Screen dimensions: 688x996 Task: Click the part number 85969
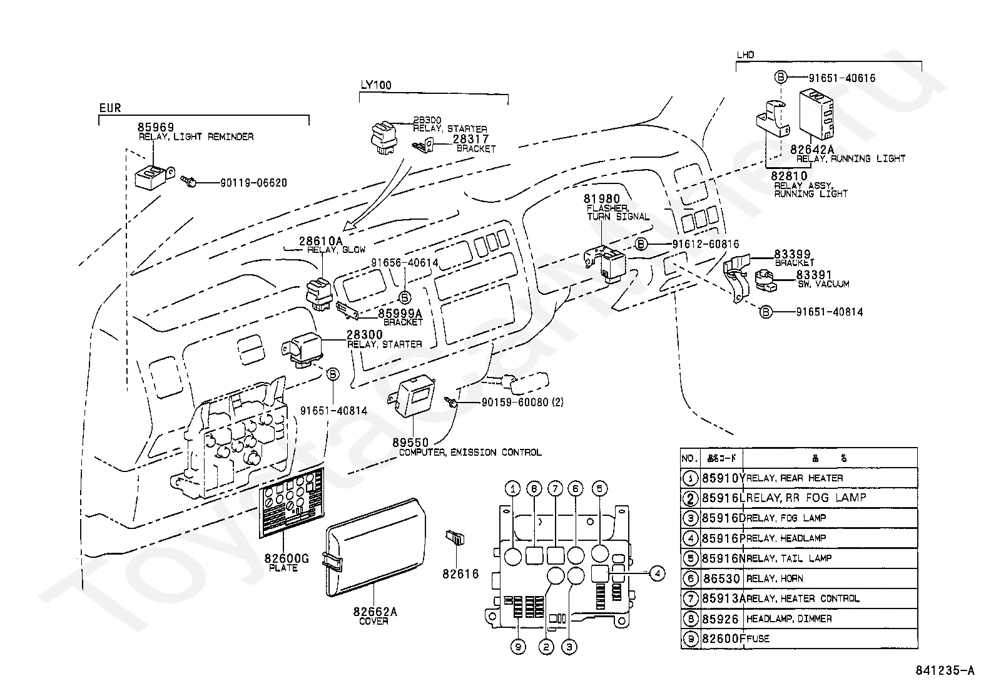pyautogui.click(x=156, y=127)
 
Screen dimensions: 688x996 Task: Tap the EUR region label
pyautogui.click(x=110, y=108)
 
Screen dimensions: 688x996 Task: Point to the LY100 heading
pyautogui.click(x=376, y=85)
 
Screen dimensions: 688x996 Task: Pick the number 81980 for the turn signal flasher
pyautogui.click(x=602, y=199)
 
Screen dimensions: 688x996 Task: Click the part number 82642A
pyautogui.click(x=812, y=150)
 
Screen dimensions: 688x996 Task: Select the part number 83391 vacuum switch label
pyautogui.click(x=814, y=274)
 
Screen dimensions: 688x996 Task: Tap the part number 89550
pyautogui.click(x=411, y=443)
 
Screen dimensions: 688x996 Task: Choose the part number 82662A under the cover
pyautogui.click(x=375, y=612)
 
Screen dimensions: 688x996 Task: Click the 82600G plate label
pyautogui.click(x=287, y=558)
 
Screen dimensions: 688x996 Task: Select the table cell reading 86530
pyautogui.click(x=721, y=579)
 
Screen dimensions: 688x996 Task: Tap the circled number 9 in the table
pyautogui.click(x=690, y=639)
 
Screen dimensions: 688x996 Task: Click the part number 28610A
pyautogui.click(x=320, y=241)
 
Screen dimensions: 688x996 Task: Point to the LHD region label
pyautogui.click(x=745, y=54)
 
